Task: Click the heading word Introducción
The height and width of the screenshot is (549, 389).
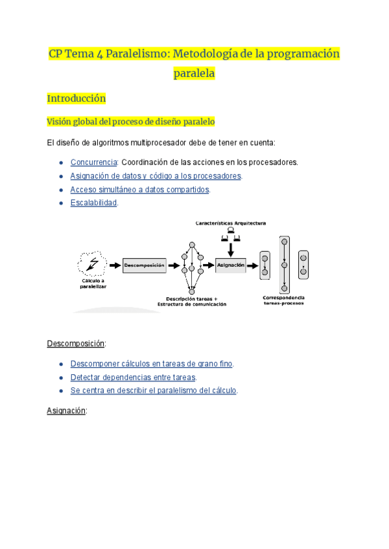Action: point(76,99)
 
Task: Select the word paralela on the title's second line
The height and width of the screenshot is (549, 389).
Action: point(194,74)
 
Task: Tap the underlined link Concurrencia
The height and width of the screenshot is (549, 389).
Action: point(93,162)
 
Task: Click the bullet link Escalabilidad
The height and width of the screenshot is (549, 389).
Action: point(93,203)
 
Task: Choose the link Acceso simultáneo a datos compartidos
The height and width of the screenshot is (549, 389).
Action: point(139,189)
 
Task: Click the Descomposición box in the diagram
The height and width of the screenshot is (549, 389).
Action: point(144,265)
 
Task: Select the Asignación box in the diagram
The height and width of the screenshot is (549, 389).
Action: point(231,265)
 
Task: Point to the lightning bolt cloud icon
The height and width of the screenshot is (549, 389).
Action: point(92,263)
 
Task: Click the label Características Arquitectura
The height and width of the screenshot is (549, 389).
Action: point(231,223)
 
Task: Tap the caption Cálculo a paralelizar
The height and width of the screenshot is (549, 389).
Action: point(92,283)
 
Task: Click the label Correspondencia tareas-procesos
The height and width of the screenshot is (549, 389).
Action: point(283,300)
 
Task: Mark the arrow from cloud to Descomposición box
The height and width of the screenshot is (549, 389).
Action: point(115,265)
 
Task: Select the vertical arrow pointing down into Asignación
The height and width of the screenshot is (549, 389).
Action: point(231,246)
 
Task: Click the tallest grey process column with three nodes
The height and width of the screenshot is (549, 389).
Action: point(283,265)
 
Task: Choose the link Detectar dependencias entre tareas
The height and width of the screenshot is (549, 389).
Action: point(133,377)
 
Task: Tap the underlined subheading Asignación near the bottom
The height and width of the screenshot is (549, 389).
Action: point(66,410)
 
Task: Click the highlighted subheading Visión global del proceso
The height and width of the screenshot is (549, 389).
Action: point(131,121)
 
